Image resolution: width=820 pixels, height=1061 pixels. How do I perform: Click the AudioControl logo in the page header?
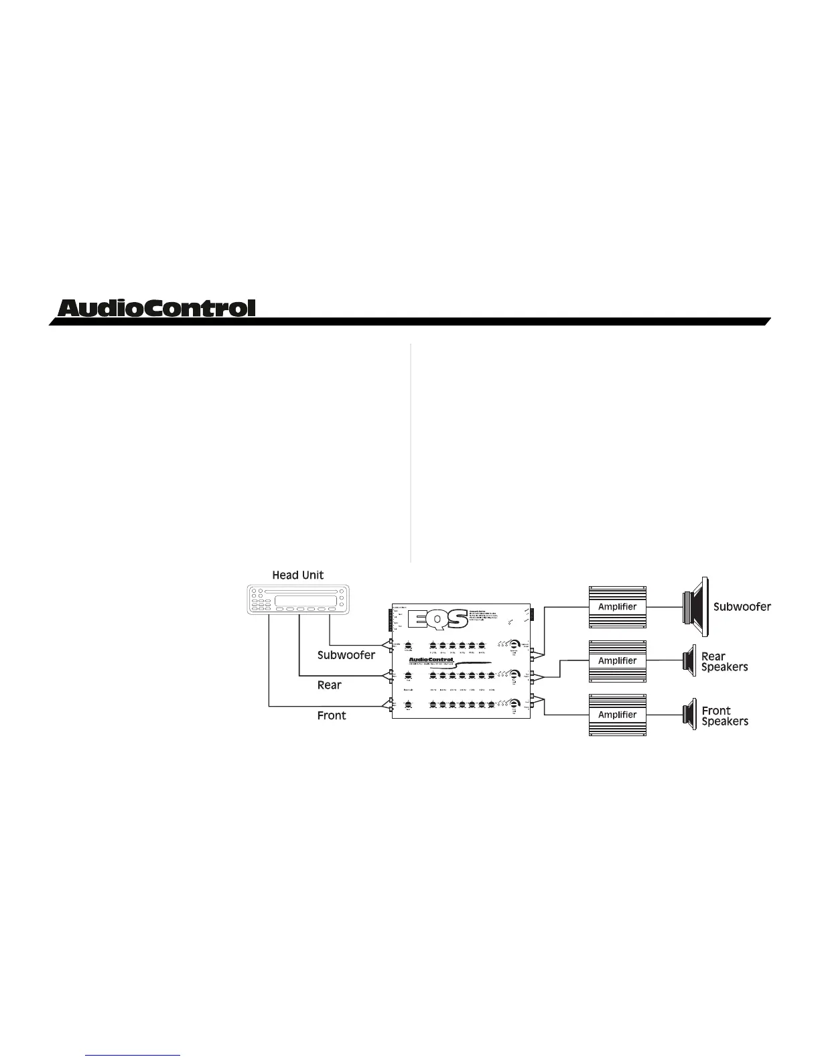click(157, 308)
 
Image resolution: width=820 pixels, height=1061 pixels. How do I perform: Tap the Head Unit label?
click(297, 575)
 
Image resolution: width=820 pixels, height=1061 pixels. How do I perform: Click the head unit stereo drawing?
click(298, 599)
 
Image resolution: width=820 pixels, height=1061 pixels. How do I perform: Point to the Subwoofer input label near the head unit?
click(346, 655)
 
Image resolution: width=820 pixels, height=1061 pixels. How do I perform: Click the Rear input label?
click(329, 685)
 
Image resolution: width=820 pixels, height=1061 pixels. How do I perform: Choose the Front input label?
click(332, 715)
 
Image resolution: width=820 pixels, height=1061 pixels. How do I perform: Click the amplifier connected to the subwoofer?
click(617, 607)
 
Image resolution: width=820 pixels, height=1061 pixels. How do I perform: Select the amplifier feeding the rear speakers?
click(617, 660)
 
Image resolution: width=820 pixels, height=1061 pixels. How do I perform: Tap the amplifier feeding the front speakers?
click(617, 715)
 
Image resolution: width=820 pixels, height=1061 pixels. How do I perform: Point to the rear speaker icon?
click(689, 661)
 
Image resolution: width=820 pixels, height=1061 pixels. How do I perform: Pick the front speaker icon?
click(689, 715)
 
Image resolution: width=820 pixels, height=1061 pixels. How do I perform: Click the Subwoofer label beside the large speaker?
click(742, 607)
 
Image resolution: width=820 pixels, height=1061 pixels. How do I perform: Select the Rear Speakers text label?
click(724, 662)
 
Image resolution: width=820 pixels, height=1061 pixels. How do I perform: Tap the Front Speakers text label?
click(724, 716)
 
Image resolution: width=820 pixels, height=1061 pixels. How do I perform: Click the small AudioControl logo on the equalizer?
click(431, 660)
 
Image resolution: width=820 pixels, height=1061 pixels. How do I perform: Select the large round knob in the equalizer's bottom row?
click(514, 704)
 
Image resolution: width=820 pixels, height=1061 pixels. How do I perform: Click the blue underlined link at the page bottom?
click(133, 1056)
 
